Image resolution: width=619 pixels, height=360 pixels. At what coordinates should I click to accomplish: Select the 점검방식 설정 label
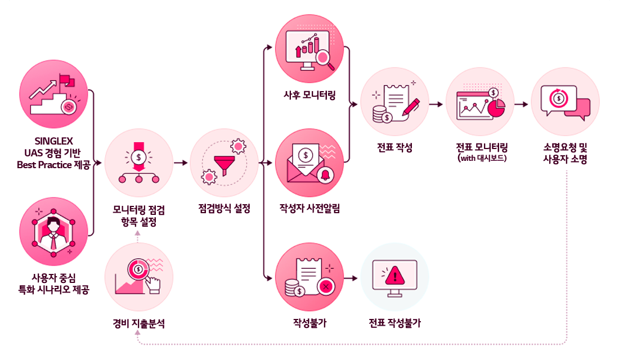[224, 208]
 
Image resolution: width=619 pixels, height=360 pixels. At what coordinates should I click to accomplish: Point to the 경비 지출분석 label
[138, 323]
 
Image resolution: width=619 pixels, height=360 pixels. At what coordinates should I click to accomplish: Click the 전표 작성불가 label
[394, 323]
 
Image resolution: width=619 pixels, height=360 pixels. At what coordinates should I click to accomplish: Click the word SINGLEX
[53, 140]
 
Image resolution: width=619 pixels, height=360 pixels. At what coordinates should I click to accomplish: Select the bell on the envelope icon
[325, 174]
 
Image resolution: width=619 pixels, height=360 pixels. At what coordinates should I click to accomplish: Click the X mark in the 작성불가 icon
[325, 287]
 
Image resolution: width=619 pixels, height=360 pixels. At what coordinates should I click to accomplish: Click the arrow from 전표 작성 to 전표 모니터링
[437, 104]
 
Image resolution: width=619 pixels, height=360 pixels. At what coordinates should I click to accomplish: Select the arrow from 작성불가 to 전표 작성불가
[352, 278]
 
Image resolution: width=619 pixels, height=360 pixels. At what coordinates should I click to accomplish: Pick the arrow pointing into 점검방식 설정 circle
[181, 164]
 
